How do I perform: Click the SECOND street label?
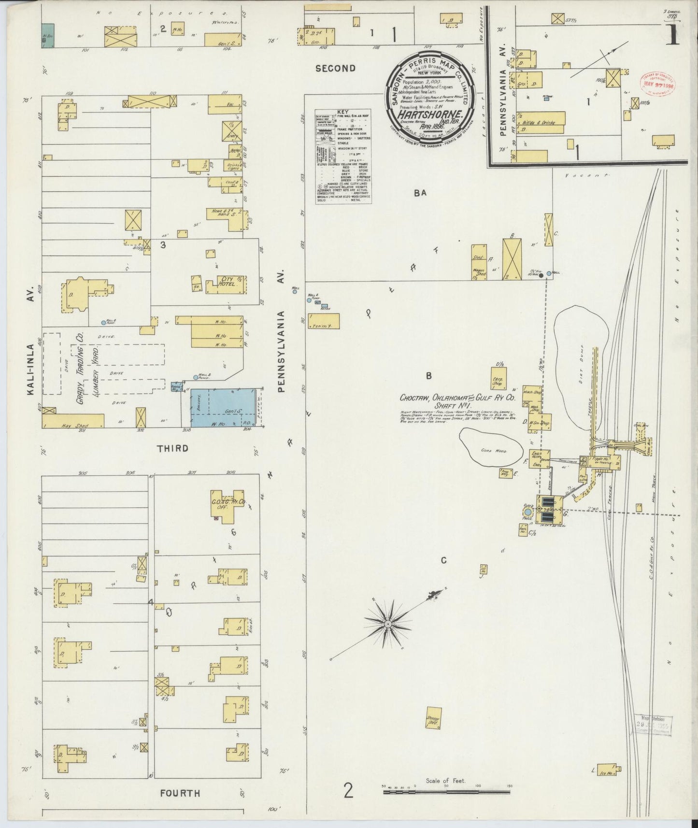pos(335,69)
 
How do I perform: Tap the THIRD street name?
pos(172,448)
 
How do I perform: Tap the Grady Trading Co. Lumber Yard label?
pos(89,374)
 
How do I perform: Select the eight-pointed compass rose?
pos(387,624)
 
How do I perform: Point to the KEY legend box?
pos(343,156)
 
